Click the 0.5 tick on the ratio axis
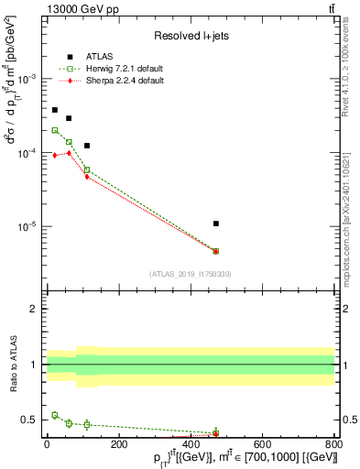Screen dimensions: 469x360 coord(31,420)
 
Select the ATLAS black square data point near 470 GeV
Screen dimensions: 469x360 coord(215,224)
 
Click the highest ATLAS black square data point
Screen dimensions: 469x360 coord(55,110)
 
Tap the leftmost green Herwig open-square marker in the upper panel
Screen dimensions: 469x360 coord(55,130)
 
